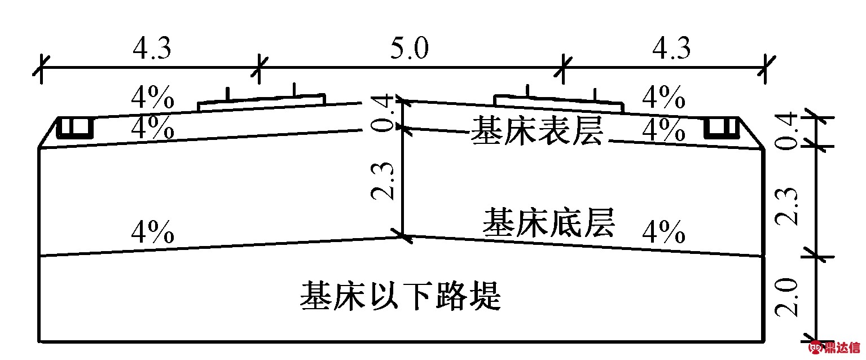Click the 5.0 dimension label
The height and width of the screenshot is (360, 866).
(410, 50)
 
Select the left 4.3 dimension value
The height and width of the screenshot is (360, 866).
(152, 50)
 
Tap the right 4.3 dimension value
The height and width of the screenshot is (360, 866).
(671, 50)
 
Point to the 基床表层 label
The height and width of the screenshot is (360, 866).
(537, 131)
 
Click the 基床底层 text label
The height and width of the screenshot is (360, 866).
(548, 222)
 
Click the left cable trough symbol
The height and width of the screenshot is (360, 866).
(74, 128)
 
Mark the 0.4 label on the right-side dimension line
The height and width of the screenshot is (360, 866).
(788, 131)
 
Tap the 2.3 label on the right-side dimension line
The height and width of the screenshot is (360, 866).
(788, 206)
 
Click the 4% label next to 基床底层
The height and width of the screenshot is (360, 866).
(663, 231)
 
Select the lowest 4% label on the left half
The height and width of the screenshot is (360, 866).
(152, 231)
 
